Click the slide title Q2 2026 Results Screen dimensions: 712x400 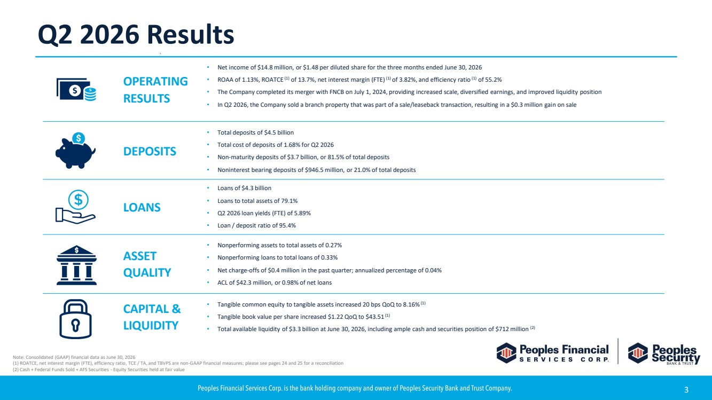coord(136,34)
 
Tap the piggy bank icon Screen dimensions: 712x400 coord(75,151)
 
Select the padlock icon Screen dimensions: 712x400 coord(75,319)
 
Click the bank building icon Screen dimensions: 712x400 coord(76,265)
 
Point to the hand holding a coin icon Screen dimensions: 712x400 coord(76,207)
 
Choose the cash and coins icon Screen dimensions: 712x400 coord(76,90)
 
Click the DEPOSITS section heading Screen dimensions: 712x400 coord(150,151)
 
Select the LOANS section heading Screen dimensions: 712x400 coord(142,207)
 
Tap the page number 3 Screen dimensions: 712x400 coord(686,389)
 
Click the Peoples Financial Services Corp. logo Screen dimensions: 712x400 coord(553,353)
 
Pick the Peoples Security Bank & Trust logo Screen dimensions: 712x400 coord(664,354)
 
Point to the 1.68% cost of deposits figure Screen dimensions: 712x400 coord(292,145)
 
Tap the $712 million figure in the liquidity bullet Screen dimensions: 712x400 coord(512,329)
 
